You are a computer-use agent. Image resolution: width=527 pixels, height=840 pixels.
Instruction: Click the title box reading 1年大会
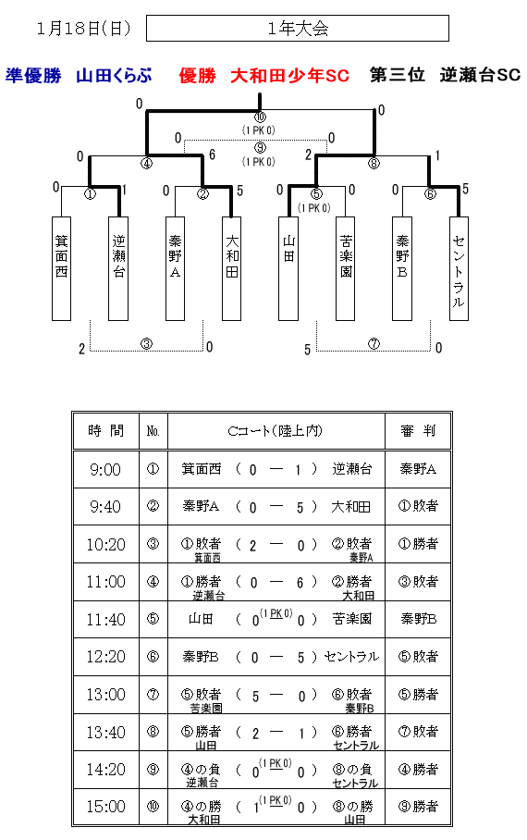point(297,28)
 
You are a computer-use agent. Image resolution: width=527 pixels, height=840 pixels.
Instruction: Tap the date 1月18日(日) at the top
point(83,29)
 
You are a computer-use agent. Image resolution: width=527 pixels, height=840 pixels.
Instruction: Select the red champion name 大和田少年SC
point(289,76)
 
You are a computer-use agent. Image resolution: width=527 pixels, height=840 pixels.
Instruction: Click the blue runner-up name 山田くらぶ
point(114,76)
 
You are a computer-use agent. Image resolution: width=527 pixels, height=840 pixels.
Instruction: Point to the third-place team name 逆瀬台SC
point(480,75)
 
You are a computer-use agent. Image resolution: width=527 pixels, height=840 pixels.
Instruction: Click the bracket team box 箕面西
point(62,268)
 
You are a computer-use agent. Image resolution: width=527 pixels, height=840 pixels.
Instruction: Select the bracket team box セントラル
point(459,268)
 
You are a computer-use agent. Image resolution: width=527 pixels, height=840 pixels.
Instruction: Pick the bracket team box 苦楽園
point(346,268)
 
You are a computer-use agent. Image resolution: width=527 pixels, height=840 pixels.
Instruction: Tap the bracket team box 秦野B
point(402,268)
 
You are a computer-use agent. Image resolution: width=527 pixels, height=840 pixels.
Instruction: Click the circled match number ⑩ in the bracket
point(260,117)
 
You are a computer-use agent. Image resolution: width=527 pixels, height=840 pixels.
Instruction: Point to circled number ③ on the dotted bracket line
point(146,344)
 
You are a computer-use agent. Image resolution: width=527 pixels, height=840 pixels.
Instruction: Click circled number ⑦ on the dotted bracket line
point(374,344)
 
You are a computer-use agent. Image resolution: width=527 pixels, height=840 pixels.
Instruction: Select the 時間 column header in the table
point(106,431)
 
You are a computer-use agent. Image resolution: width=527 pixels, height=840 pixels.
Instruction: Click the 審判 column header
point(418,431)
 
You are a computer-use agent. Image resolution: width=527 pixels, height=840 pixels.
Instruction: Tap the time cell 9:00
point(105,470)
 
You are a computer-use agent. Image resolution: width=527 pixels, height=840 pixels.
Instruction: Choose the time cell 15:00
point(105,807)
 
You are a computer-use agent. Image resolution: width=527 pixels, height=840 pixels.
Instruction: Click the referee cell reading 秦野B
point(418,619)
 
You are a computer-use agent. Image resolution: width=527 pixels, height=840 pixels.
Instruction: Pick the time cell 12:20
point(105,657)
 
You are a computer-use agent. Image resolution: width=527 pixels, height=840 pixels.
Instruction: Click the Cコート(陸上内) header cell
point(276,431)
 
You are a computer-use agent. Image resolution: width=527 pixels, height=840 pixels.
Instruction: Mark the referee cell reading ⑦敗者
point(418,732)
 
